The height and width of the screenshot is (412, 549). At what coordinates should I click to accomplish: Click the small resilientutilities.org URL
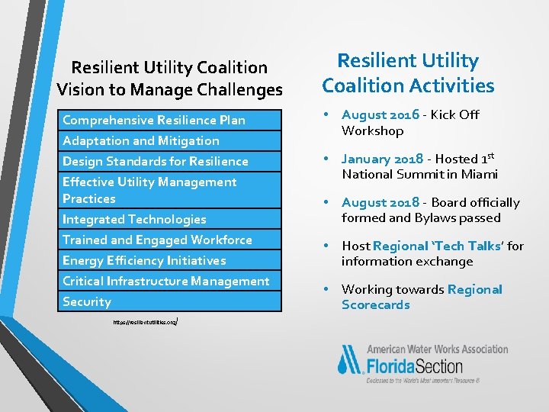(145, 323)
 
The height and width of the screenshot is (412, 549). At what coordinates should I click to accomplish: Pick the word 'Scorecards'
(375, 304)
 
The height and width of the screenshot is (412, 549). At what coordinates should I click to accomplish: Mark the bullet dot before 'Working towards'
(326, 289)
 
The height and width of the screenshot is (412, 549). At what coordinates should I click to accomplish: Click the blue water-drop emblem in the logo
(351, 359)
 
